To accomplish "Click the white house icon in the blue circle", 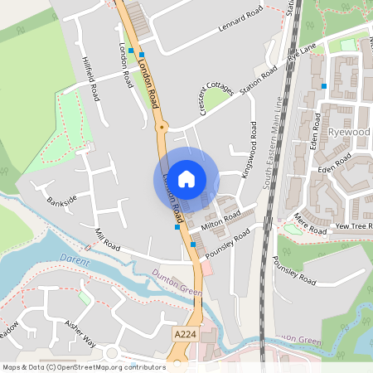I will coord(186,178).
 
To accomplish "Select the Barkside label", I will coord(61,200).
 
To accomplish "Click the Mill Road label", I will coord(108,241).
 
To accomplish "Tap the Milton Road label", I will coord(220,219).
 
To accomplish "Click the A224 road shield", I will coord(186,332).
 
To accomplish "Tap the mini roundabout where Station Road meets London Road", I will coord(162,127).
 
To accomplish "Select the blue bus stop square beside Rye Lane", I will coord(324,85).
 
